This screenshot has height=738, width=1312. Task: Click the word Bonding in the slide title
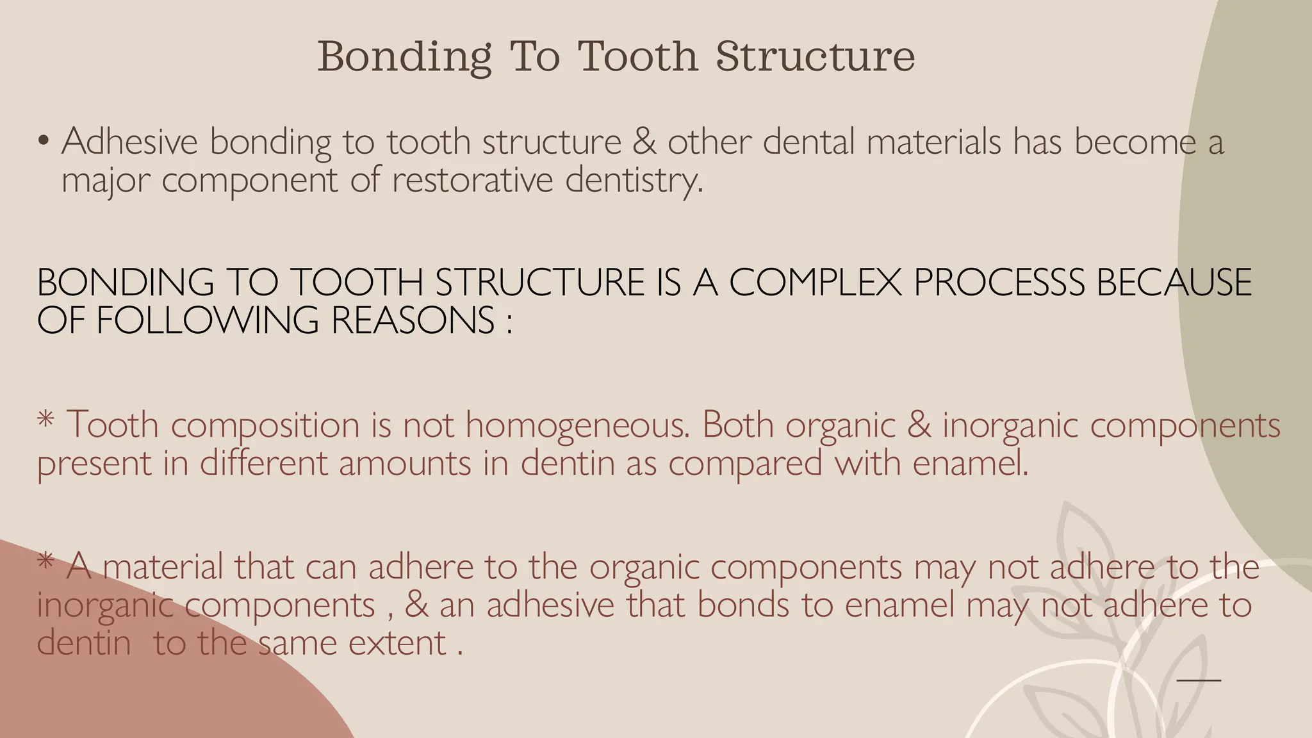(404, 57)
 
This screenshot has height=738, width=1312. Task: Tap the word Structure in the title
(815, 56)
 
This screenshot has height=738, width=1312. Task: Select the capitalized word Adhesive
(129, 141)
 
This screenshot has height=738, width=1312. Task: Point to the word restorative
(472, 180)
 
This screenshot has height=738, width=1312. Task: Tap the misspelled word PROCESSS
(999, 283)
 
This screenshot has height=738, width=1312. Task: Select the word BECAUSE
(1174, 283)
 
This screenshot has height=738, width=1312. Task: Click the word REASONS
(413, 320)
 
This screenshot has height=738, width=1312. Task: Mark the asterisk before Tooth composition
(45, 420)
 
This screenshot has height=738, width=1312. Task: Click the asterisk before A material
(45, 562)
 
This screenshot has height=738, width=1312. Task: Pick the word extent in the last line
(397, 643)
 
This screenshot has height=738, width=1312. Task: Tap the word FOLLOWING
(207, 320)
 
